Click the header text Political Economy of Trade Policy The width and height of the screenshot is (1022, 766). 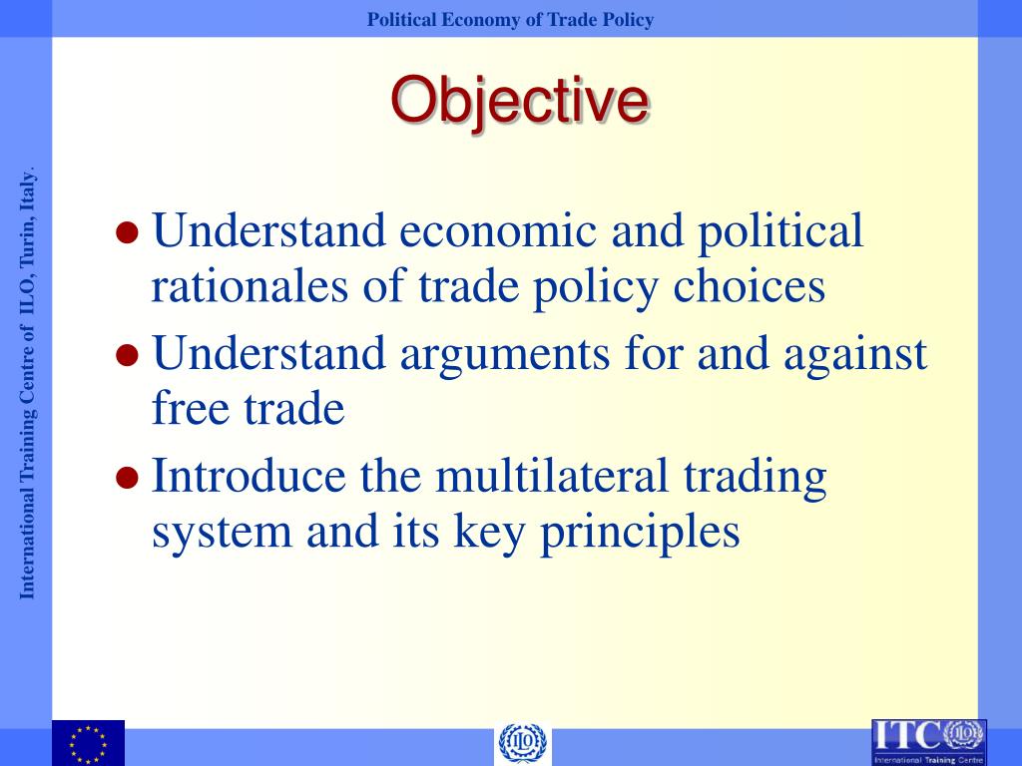pyautogui.click(x=510, y=20)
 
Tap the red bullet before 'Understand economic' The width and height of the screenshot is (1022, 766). pyautogui.click(x=127, y=233)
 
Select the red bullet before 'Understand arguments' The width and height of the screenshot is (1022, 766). pyautogui.click(x=127, y=356)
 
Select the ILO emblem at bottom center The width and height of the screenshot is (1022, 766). pyautogui.click(x=523, y=744)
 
